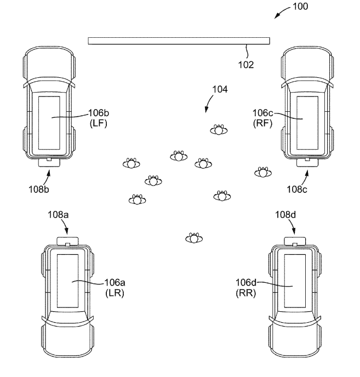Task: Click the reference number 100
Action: click(300, 6)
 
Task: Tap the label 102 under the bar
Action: click(246, 65)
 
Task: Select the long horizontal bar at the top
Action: click(179, 41)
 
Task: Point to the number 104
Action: click(220, 89)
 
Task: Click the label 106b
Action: click(99, 113)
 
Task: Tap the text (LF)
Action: click(99, 123)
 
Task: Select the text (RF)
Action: click(262, 123)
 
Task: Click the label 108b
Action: click(39, 190)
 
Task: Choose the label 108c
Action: click(297, 190)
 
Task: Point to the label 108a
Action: click(58, 214)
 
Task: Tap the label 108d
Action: click(285, 214)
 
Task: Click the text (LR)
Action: click(115, 293)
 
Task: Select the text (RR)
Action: click(246, 293)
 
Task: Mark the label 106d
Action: click(246, 283)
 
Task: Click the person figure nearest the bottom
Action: click(194, 238)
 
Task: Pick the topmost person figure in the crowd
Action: click(219, 130)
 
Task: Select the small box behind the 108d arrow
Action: click(295, 241)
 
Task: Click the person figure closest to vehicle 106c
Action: click(263, 172)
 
